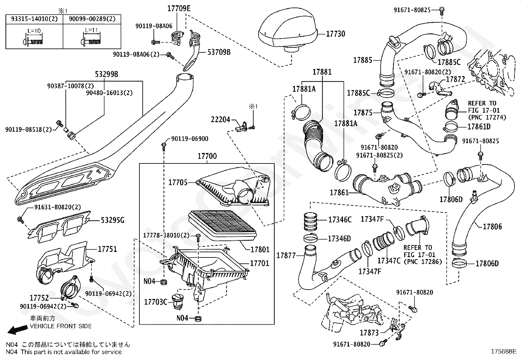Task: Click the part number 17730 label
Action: pyautogui.click(x=335, y=34)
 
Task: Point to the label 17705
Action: pyautogui.click(x=178, y=182)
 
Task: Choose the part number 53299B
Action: pyautogui.click(x=107, y=74)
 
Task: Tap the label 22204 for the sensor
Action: pyautogui.click(x=220, y=120)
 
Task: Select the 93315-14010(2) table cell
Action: pyautogui.click(x=34, y=19)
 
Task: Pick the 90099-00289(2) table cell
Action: pyautogui.click(x=92, y=19)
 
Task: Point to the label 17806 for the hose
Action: pyautogui.click(x=492, y=226)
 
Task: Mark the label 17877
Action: pyautogui.click(x=286, y=256)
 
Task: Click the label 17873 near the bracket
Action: pyautogui.click(x=369, y=333)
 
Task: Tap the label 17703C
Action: pyautogui.click(x=156, y=301)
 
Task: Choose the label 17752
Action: pyautogui.click(x=39, y=298)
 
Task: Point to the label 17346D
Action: pyautogui.click(x=339, y=238)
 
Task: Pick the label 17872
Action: pyautogui.click(x=455, y=79)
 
